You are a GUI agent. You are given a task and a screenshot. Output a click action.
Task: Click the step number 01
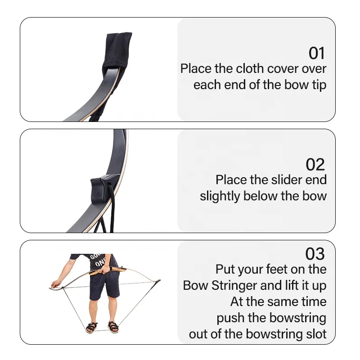pyautogui.click(x=316, y=54)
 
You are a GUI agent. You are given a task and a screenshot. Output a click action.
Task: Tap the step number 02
pyautogui.click(x=315, y=165)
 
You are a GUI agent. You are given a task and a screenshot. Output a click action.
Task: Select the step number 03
pyautogui.click(x=315, y=254)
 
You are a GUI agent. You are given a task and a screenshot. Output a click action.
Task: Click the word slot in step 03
pyautogui.click(x=315, y=334)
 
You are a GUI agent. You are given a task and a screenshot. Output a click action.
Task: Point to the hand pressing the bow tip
pyautogui.click(x=54, y=284)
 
